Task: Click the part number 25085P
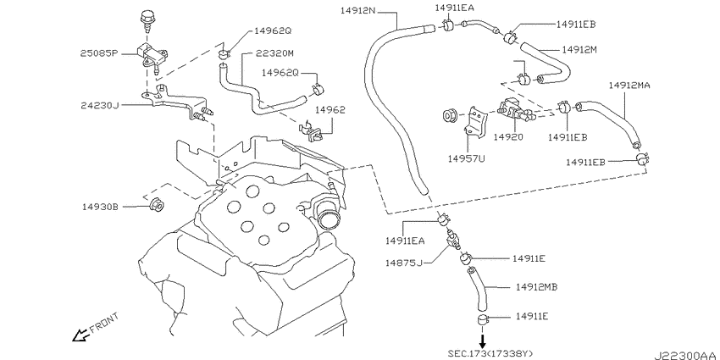tap(100, 53)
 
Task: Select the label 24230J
tap(100, 106)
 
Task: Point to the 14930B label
tap(100, 207)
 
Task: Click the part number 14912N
tap(358, 10)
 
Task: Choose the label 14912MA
tap(629, 86)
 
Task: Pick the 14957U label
tap(467, 159)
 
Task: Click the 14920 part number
tap(509, 137)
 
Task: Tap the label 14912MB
tap(536, 287)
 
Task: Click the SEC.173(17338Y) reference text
tap(490, 353)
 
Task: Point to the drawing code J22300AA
tap(685, 355)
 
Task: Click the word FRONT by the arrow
tap(104, 322)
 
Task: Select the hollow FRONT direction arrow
tap(80, 335)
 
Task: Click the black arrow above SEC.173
tap(482, 341)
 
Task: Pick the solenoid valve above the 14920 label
tap(514, 111)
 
